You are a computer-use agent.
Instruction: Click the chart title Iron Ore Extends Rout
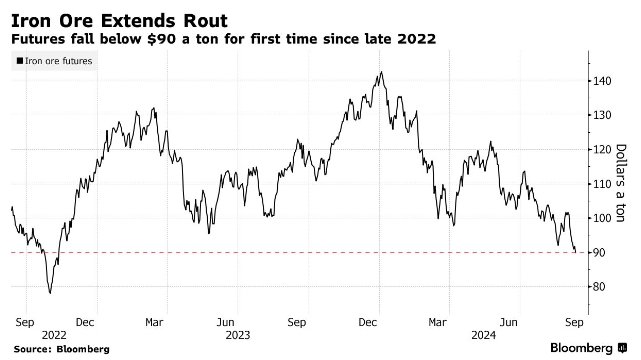click(x=119, y=20)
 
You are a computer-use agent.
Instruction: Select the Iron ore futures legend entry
click(x=54, y=61)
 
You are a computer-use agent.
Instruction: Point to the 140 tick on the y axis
click(x=603, y=81)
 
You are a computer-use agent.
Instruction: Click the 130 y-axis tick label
click(x=603, y=115)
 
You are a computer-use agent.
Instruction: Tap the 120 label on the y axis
click(x=603, y=150)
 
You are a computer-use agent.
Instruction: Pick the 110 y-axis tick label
click(x=603, y=184)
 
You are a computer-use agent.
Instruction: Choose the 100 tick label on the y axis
click(x=603, y=218)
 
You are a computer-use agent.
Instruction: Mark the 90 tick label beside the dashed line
click(x=600, y=253)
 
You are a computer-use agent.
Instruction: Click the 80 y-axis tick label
click(x=600, y=287)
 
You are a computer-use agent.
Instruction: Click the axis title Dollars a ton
click(x=621, y=183)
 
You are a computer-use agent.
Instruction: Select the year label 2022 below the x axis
click(x=54, y=335)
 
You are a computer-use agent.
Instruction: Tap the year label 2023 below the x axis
click(x=238, y=335)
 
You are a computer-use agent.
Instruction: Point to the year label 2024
click(x=484, y=335)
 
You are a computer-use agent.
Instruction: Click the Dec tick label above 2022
click(x=85, y=322)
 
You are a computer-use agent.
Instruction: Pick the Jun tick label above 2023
click(x=226, y=322)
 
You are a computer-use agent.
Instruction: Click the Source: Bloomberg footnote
click(x=62, y=349)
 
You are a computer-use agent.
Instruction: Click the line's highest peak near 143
click(x=381, y=72)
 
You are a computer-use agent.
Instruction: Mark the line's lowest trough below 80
click(x=50, y=293)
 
